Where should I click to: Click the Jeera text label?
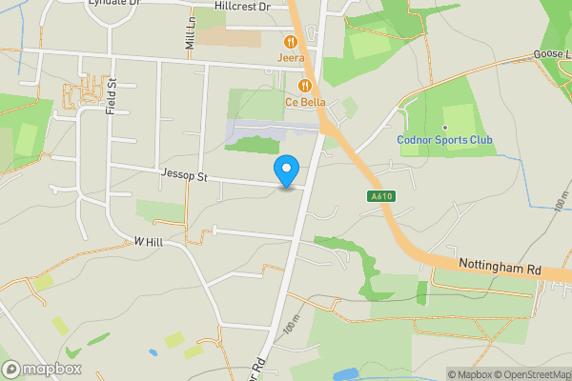pyautogui.click(x=291, y=57)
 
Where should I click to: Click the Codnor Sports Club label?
pyautogui.click(x=445, y=141)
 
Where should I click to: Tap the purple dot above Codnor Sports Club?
pyautogui.click(x=445, y=128)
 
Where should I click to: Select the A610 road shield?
pyautogui.click(x=380, y=197)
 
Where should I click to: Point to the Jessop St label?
pyautogui.click(x=185, y=176)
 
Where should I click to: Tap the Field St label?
pyautogui.click(x=112, y=96)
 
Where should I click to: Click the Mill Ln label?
pyautogui.click(x=189, y=38)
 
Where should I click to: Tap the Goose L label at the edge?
pyautogui.click(x=552, y=55)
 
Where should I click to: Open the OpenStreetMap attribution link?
pyautogui.click(x=532, y=374)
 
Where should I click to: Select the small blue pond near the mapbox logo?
pyautogui.click(x=153, y=352)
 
